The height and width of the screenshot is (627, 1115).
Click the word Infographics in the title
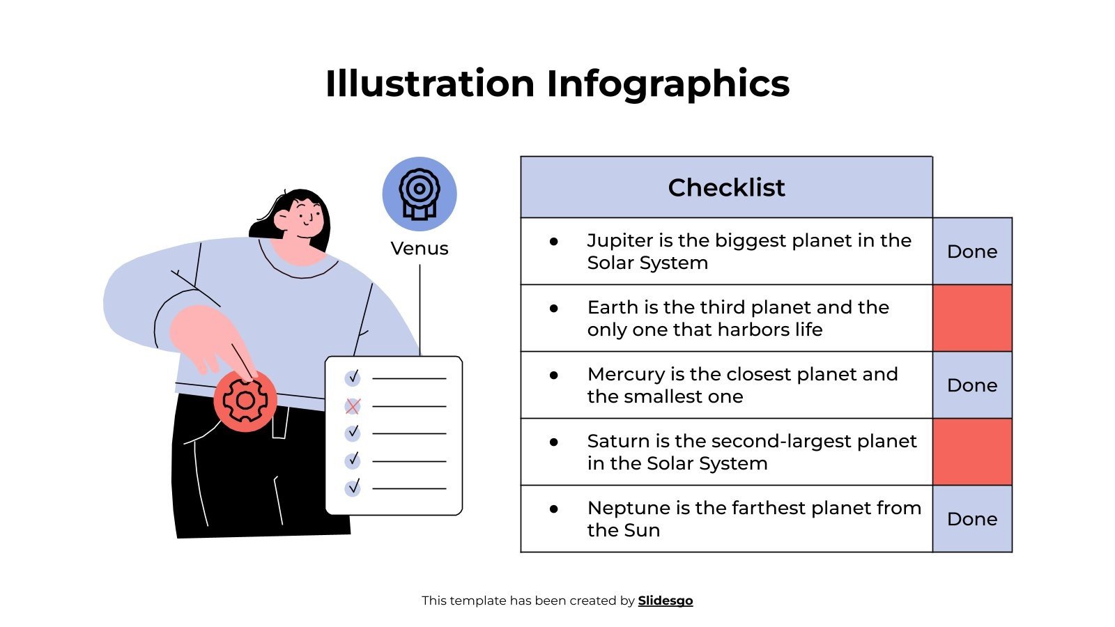668,84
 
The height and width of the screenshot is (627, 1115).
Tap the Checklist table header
726,187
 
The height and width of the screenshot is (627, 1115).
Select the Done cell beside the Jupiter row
972,251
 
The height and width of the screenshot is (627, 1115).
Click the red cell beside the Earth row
972,318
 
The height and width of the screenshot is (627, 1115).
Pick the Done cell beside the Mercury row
972,385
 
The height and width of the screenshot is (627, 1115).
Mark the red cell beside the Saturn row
972,452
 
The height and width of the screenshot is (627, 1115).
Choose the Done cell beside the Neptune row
972,519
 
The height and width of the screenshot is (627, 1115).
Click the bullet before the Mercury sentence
554,375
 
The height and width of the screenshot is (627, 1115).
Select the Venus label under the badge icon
420,249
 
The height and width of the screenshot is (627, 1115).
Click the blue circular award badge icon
420,194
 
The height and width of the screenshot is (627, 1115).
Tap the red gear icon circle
245,401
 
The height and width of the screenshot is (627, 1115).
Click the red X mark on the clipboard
353,406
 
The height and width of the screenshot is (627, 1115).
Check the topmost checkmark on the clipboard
353,378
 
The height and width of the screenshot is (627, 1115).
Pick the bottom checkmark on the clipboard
353,487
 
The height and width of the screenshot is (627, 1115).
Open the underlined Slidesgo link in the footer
666,601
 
